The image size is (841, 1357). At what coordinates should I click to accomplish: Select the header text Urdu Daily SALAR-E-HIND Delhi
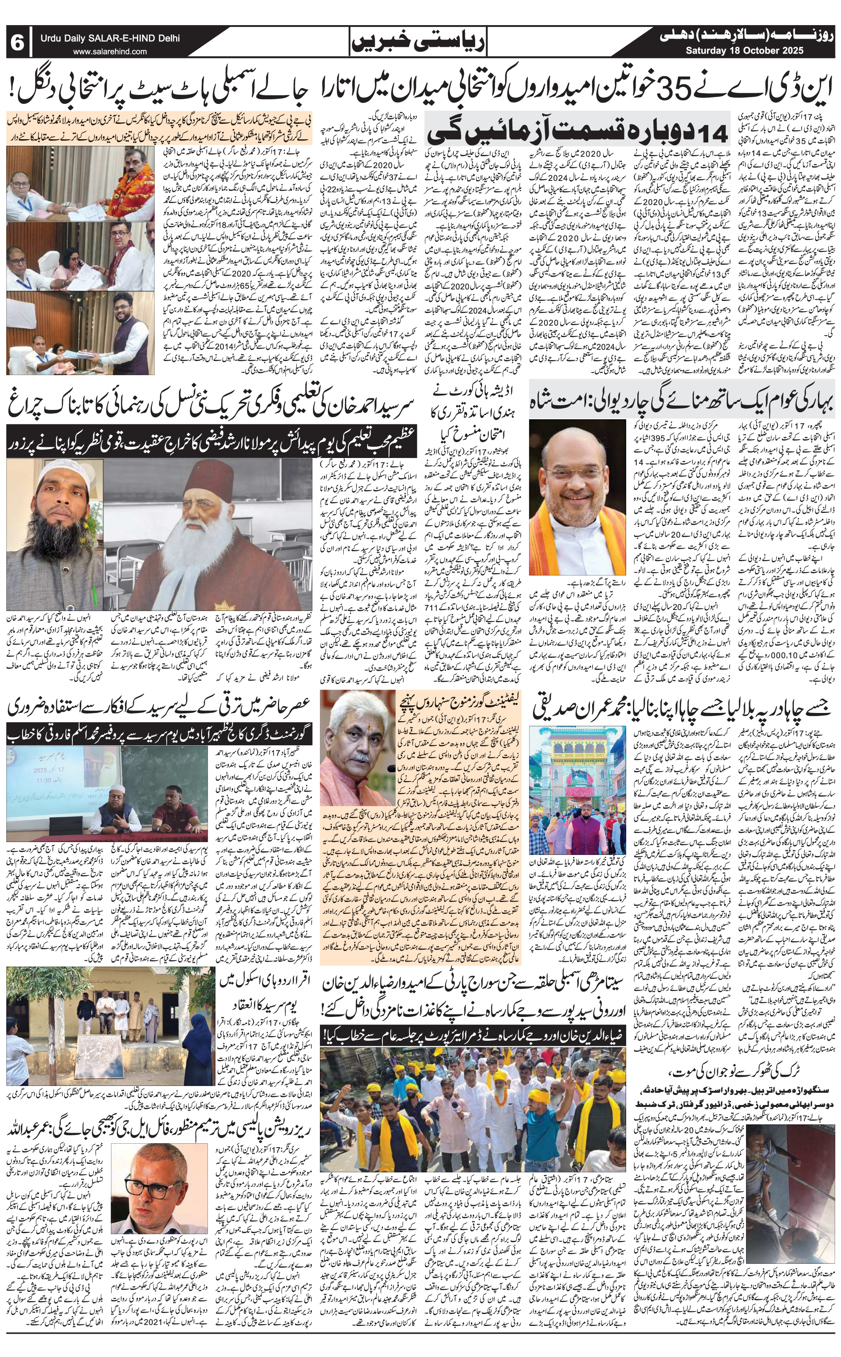point(110,38)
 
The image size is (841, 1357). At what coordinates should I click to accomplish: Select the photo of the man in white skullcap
point(54,534)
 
